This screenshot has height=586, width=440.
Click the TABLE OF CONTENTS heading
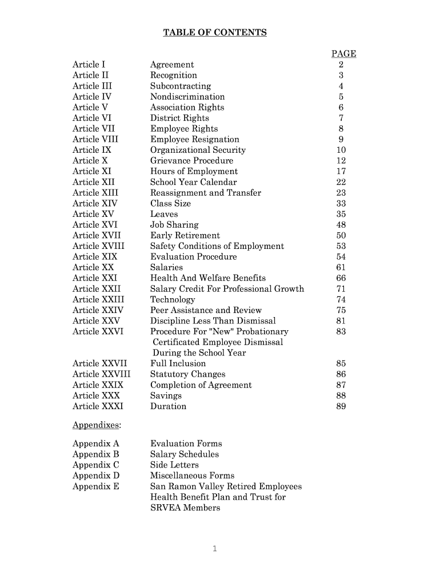215,33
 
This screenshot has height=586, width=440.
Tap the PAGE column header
343,54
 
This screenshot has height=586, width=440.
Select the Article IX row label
92,150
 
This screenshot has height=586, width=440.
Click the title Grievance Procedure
191,161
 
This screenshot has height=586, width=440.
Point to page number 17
341,172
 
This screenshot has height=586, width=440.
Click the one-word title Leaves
164,214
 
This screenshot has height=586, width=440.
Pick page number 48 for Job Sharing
341,225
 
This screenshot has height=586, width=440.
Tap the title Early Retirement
185,236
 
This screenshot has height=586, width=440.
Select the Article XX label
93,268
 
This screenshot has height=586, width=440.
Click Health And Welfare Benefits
208,278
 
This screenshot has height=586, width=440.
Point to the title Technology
173,300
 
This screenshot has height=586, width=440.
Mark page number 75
341,310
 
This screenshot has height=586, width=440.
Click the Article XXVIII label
101,375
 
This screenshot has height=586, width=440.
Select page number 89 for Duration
341,407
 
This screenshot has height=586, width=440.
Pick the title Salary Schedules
185,454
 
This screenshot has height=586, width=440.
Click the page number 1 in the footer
214,549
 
